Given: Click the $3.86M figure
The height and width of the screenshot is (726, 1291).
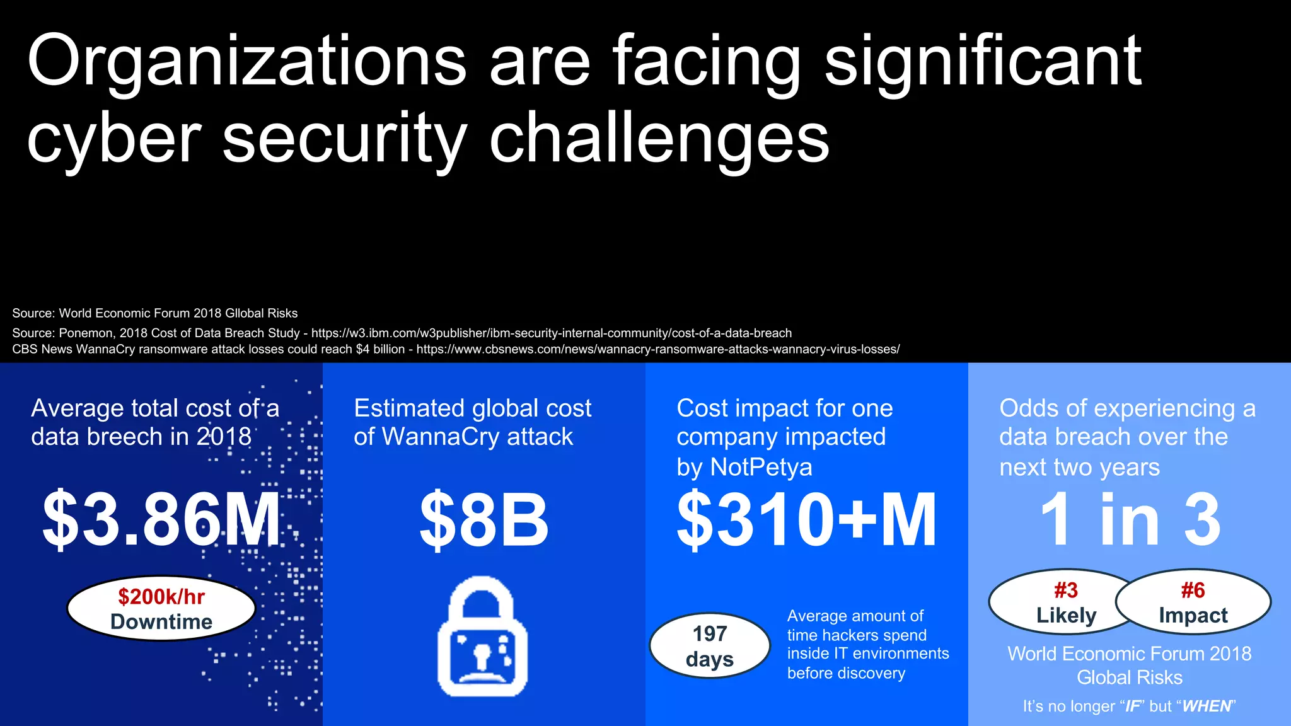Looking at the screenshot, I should pyautogui.click(x=161, y=519).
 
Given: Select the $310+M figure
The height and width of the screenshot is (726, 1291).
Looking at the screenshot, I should pyautogui.click(x=806, y=519).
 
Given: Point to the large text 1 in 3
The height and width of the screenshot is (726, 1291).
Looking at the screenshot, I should pyautogui.click(x=1130, y=519).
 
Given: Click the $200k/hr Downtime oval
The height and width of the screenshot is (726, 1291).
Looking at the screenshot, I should pyautogui.click(x=161, y=609).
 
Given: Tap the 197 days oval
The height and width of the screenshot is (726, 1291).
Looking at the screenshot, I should pyautogui.click(x=710, y=646).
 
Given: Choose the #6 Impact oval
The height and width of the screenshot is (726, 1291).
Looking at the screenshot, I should pyautogui.click(x=1193, y=602).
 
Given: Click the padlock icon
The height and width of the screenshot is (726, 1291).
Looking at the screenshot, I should pyautogui.click(x=483, y=637).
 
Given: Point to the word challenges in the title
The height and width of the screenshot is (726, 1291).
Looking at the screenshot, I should pyautogui.click(x=659, y=139).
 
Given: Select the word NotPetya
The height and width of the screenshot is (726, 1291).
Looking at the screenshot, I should pyautogui.click(x=761, y=468).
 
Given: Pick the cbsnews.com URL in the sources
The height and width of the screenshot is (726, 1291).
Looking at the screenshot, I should pyautogui.click(x=658, y=349).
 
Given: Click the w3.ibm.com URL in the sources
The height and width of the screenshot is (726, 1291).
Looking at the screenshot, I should pyautogui.click(x=552, y=333).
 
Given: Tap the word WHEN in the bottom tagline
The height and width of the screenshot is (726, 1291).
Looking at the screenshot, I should pyautogui.click(x=1206, y=706).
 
